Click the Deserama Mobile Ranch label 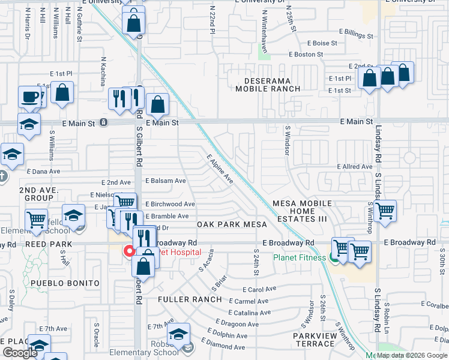tap(268, 85)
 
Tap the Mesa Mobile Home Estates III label tap(302, 211)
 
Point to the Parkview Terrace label tap(314, 340)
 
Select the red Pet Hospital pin tap(128, 251)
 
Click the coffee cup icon tap(28, 97)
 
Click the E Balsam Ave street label tap(164, 181)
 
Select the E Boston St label tap(306, 55)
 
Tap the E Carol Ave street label tap(259, 289)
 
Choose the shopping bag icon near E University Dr tap(133, 23)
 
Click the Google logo tap(20, 353)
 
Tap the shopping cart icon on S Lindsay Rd tap(385, 210)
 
